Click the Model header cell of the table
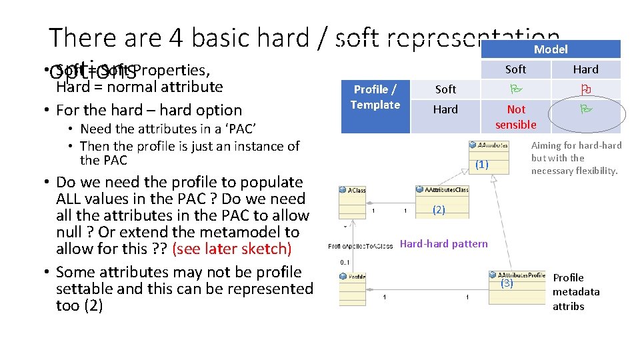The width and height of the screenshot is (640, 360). [x=551, y=49]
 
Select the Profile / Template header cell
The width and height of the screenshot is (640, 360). [x=375, y=97]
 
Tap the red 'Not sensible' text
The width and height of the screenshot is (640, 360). [x=515, y=117]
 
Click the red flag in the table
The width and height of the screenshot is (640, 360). [x=586, y=89]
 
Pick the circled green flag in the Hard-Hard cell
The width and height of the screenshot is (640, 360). [x=586, y=109]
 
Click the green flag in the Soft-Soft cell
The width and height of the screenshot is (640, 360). [x=515, y=89]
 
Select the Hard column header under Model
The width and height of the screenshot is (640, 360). [x=586, y=69]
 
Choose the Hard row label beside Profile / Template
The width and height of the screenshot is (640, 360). [x=445, y=109]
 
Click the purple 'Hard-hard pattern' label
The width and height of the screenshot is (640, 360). [x=443, y=244]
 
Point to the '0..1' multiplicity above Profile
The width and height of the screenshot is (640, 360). [x=345, y=262]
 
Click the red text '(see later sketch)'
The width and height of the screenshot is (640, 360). [x=231, y=249]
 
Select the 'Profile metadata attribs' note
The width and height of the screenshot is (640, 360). [x=575, y=292]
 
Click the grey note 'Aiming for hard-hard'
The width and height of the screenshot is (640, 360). [x=576, y=158]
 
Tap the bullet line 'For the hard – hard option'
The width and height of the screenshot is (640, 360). [x=149, y=110]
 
